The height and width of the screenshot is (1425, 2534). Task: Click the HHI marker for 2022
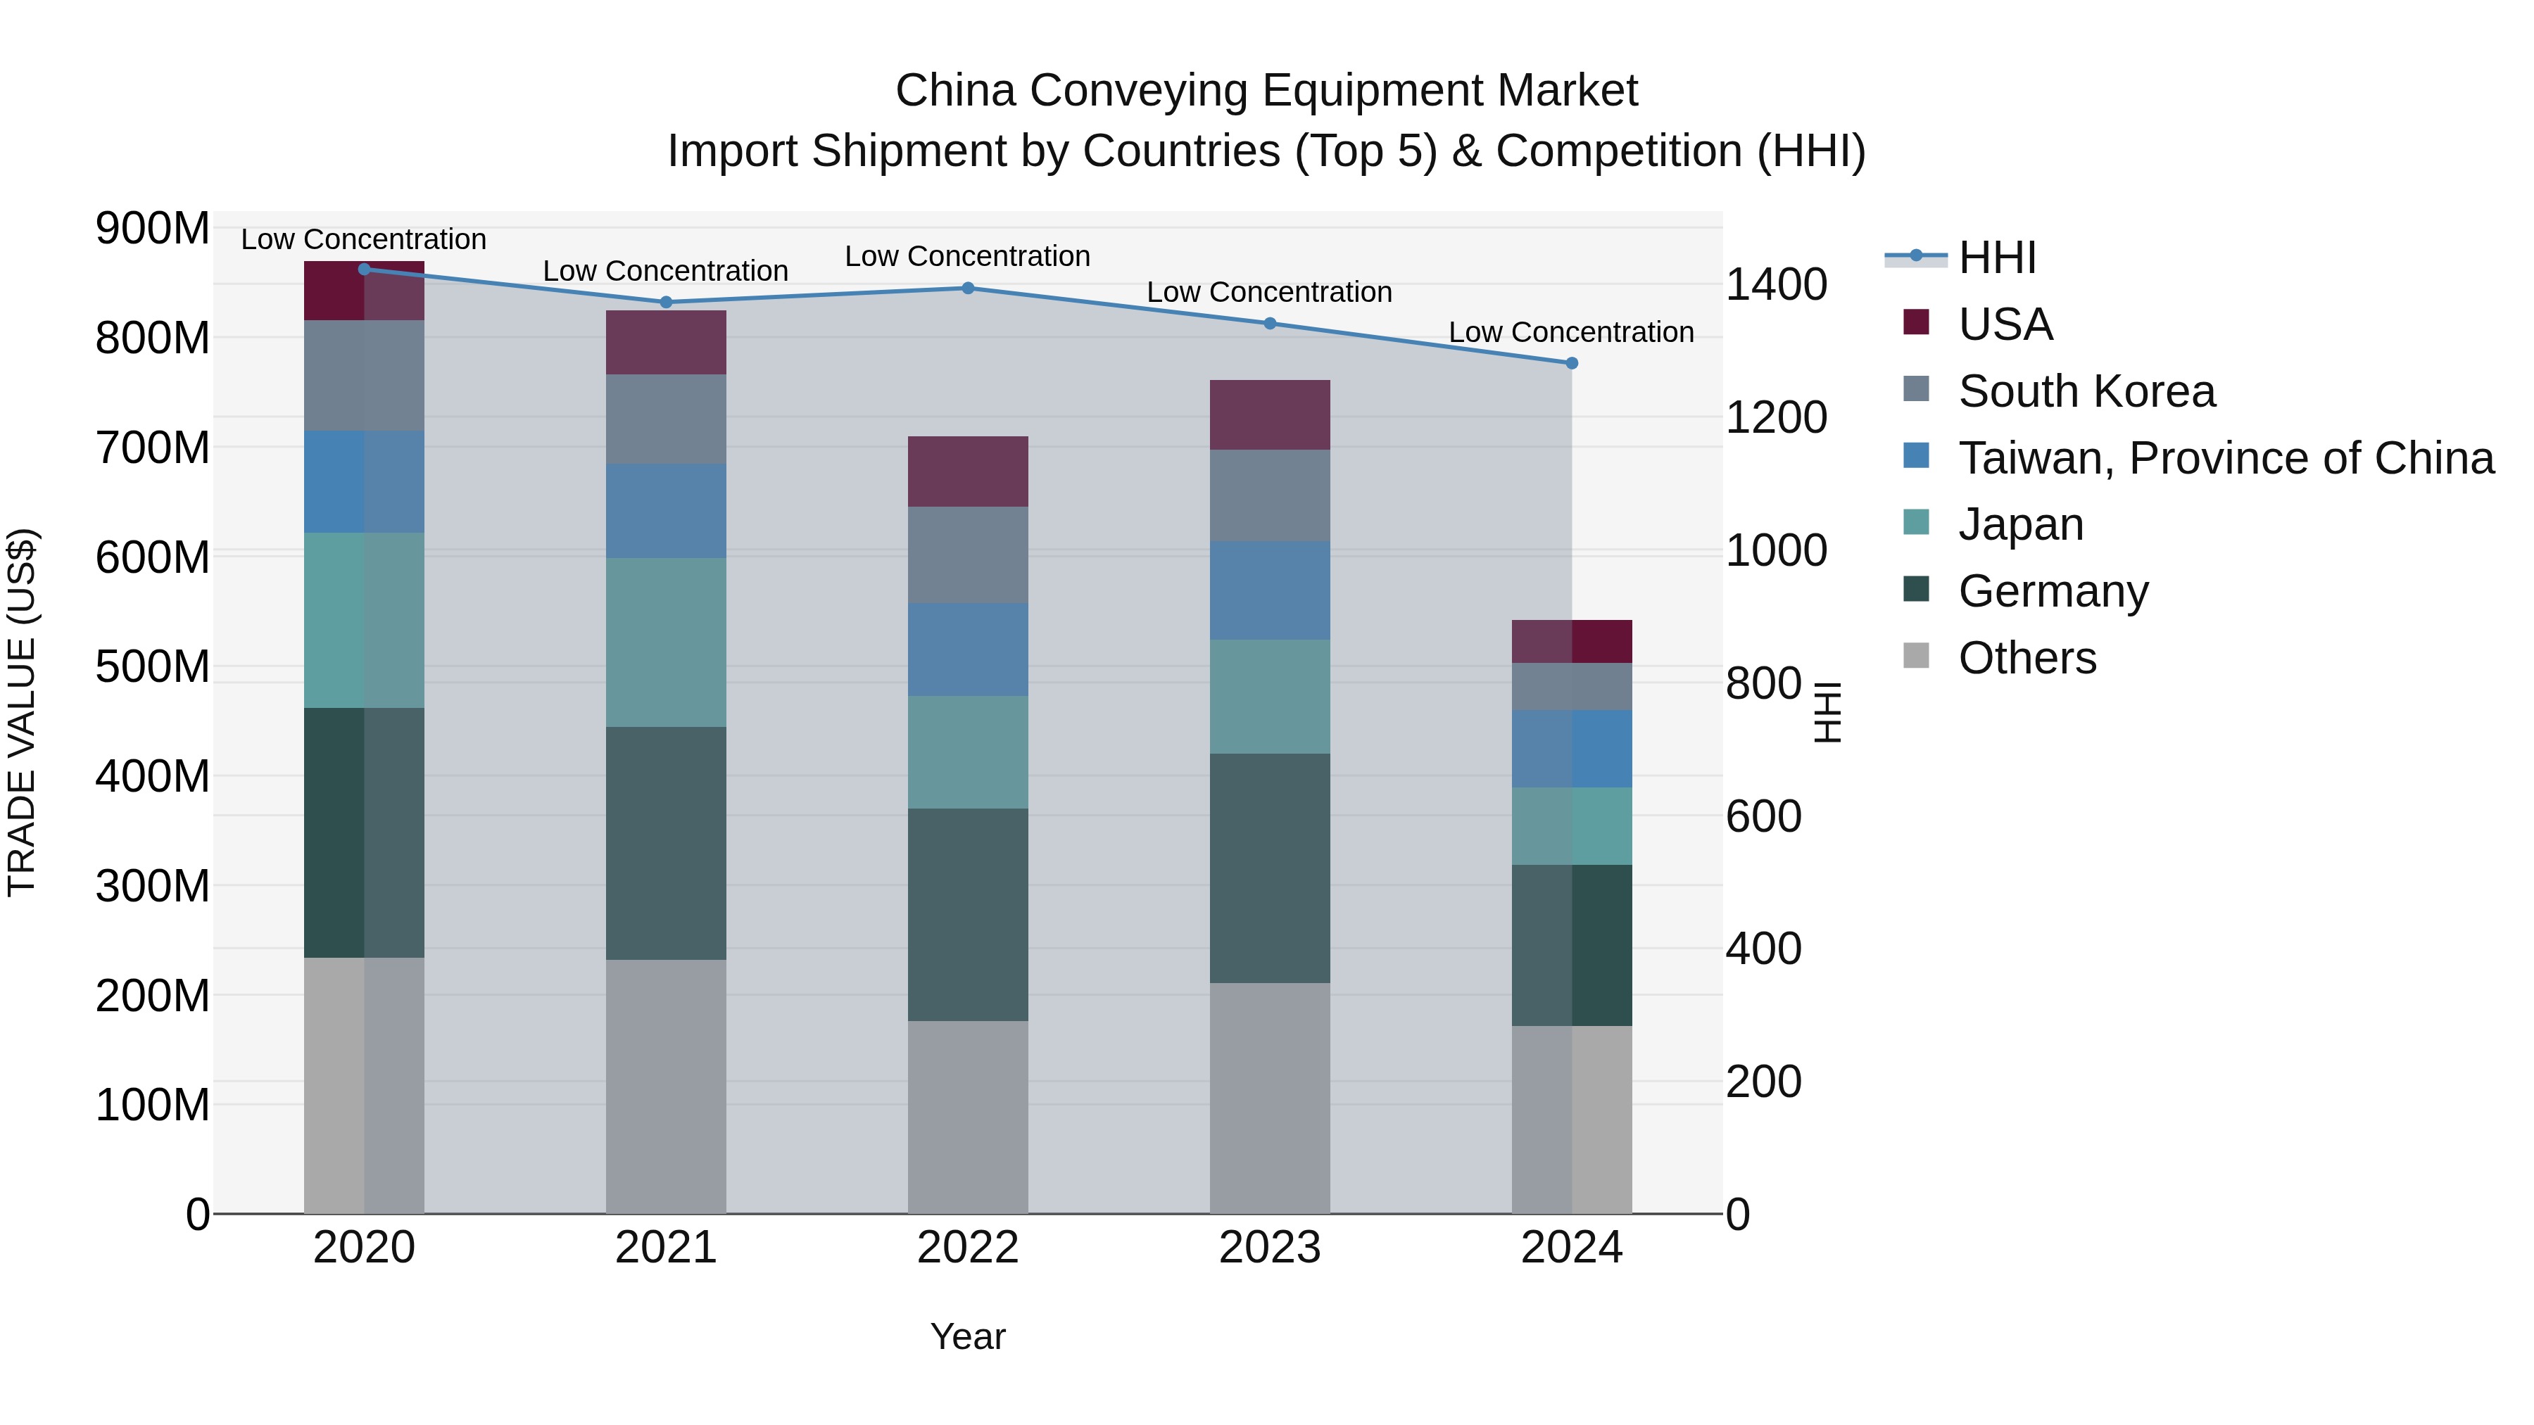point(967,288)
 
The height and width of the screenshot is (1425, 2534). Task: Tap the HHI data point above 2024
point(1571,363)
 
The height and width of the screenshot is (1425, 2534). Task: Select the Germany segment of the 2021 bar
point(666,843)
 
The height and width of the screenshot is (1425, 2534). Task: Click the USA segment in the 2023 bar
point(1269,415)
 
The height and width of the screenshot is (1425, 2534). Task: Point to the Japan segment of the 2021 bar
point(666,642)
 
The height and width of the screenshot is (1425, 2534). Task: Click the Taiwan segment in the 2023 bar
point(1269,590)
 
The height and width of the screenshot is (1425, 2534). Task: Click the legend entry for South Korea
point(2086,391)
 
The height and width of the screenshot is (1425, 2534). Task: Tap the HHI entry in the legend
point(1996,258)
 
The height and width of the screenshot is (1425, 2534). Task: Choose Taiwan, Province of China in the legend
point(2225,458)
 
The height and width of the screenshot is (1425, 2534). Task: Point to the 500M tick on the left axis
point(153,667)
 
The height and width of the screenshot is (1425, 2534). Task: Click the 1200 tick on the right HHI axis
point(1776,417)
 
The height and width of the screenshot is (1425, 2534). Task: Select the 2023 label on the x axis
point(1269,1248)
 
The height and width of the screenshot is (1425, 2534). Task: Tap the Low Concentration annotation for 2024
point(1571,332)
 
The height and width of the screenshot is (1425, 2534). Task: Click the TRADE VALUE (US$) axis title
point(22,712)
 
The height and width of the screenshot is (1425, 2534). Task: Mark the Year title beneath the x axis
point(967,1336)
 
